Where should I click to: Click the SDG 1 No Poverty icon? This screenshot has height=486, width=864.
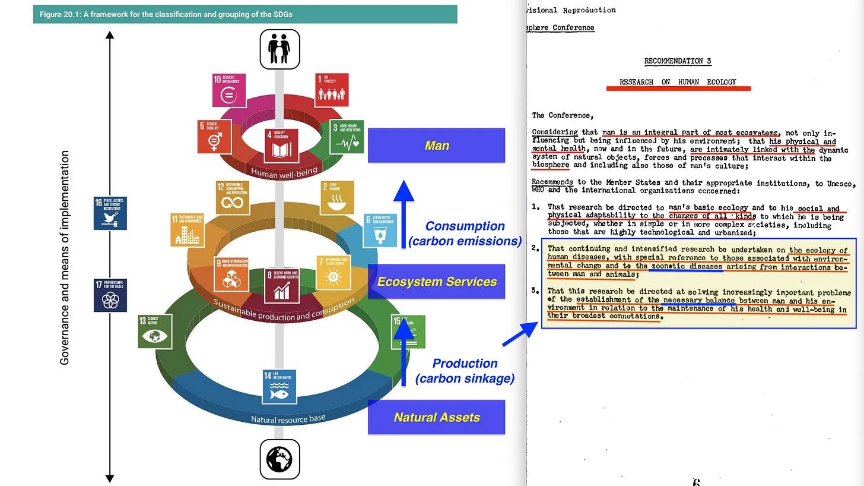coord(332,90)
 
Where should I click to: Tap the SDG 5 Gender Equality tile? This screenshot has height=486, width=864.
coord(214,136)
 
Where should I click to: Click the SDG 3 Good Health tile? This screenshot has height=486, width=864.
coord(347,136)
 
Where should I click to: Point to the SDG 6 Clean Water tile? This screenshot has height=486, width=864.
coord(380,230)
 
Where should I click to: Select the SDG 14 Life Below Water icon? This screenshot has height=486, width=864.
coord(279,387)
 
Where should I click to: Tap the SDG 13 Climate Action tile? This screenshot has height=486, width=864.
coord(155,331)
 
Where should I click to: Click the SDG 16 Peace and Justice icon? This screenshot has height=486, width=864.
coord(110,213)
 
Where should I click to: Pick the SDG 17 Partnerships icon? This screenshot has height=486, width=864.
coord(110,295)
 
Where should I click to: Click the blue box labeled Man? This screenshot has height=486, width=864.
coord(436,146)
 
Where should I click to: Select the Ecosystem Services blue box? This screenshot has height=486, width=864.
coord(436,282)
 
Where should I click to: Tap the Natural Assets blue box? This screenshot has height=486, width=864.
coord(436,417)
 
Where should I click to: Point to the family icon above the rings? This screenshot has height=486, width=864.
coord(279,49)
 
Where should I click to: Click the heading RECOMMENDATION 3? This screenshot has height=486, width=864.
coord(678,61)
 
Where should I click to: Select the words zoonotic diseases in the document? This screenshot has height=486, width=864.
coord(687,267)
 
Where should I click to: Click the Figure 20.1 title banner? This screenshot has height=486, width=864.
coord(244,14)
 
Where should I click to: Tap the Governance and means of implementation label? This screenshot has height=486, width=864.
coord(65,257)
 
